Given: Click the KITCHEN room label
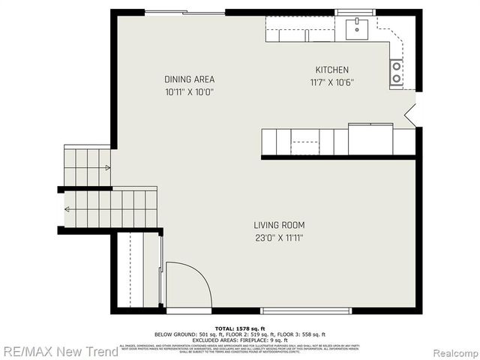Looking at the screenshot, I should click(x=331, y=70).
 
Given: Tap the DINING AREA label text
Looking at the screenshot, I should click(x=190, y=79).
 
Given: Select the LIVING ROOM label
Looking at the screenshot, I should click(x=279, y=225).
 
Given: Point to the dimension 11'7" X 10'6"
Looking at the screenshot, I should click(x=331, y=82).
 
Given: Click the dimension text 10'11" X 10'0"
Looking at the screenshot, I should click(x=190, y=92).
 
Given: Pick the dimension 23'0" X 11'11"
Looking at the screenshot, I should click(x=279, y=238).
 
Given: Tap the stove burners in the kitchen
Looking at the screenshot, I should click(x=395, y=72).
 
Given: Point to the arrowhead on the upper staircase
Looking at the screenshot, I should click(x=108, y=168).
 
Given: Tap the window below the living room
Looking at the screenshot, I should click(x=305, y=310).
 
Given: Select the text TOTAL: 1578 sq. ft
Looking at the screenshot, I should click(x=239, y=328).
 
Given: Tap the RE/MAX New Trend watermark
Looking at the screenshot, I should click(x=59, y=351).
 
